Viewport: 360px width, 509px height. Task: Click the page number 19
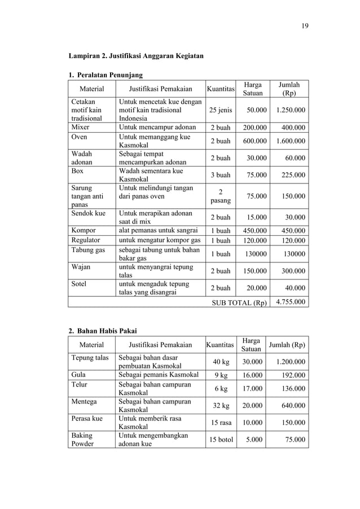pos(305,25)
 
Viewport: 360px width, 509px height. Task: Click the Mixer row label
pos(80,127)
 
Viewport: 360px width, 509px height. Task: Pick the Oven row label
pos(79,137)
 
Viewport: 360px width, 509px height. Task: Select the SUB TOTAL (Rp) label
pos(239,302)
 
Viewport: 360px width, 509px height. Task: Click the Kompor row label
pos(83,230)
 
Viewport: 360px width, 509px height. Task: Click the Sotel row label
pos(78,283)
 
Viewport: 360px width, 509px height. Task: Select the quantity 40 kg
pos(221,362)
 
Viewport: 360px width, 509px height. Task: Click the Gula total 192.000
pos(292,375)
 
